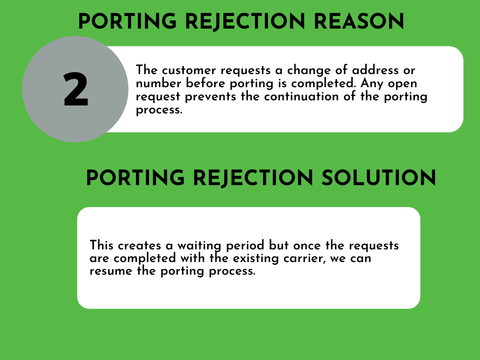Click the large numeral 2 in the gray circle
click(76, 90)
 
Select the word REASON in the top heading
click(359, 22)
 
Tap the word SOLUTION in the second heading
click(379, 178)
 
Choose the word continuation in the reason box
click(301, 97)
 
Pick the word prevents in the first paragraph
click(210, 97)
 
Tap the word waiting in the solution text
click(199, 246)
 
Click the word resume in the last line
click(111, 271)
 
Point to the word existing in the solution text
click(256, 258)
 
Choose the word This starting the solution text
click(102, 246)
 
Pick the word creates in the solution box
click(140, 246)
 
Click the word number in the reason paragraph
click(158, 83)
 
